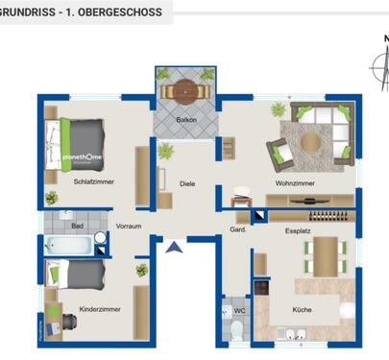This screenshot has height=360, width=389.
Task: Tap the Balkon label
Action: coord(186,120)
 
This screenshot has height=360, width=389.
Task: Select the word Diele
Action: coord(187,183)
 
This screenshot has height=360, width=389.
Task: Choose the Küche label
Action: coord(304,309)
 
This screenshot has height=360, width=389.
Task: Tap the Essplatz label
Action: coord(299,231)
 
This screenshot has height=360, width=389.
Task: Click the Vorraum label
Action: coord(129,227)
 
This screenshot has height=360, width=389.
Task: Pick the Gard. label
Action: coord(238,230)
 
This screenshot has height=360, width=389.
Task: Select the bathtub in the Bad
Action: coord(68,246)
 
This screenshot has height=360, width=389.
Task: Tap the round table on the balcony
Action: coord(185,91)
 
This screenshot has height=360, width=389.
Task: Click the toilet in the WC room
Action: coord(236,330)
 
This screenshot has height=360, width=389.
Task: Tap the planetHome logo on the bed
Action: coord(83,156)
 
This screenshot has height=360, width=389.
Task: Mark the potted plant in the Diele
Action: coord(165,150)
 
